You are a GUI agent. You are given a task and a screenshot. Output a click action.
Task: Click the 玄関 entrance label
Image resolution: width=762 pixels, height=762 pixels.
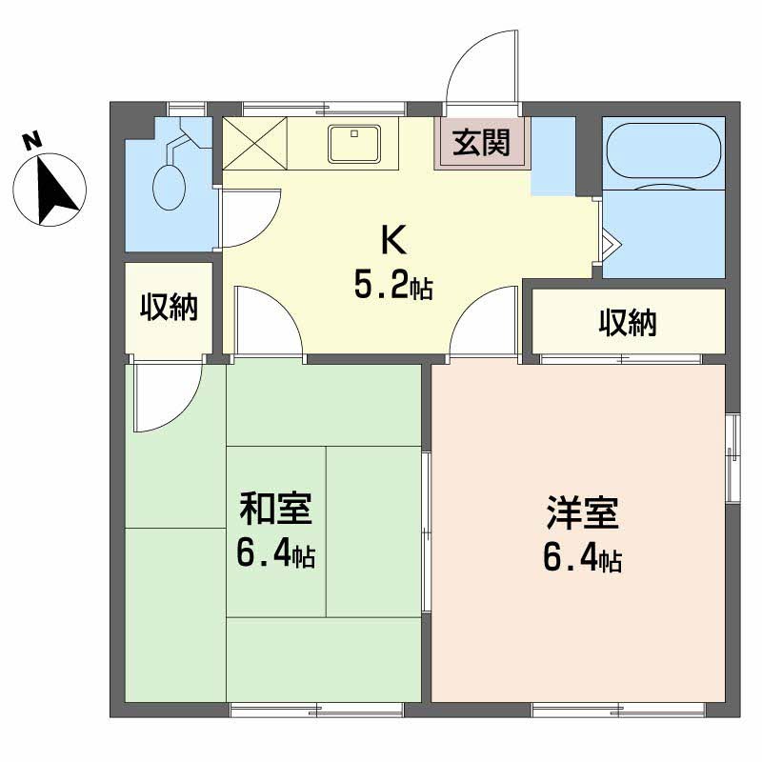tap(481, 143)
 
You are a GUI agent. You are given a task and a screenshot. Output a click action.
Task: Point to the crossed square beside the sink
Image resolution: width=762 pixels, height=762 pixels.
tap(254, 144)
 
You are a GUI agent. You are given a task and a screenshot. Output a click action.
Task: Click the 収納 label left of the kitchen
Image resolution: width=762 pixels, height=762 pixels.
tap(170, 307)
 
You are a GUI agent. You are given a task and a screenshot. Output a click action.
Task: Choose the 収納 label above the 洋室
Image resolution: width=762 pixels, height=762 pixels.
tap(628, 323)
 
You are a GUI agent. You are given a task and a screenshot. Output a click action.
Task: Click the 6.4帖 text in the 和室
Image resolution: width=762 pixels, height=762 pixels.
tap(275, 555)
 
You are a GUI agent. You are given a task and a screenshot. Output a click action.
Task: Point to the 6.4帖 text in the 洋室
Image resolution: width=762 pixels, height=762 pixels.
tap(582, 558)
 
